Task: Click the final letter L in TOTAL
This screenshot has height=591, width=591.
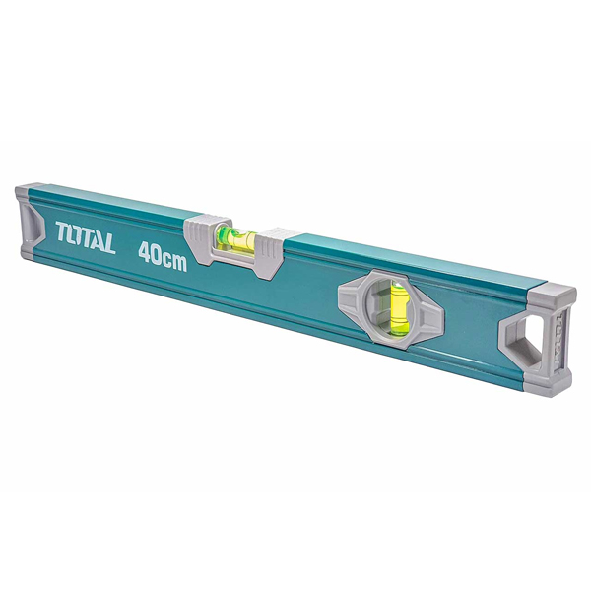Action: (x=109, y=244)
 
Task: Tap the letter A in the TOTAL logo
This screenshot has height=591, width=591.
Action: (x=98, y=242)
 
